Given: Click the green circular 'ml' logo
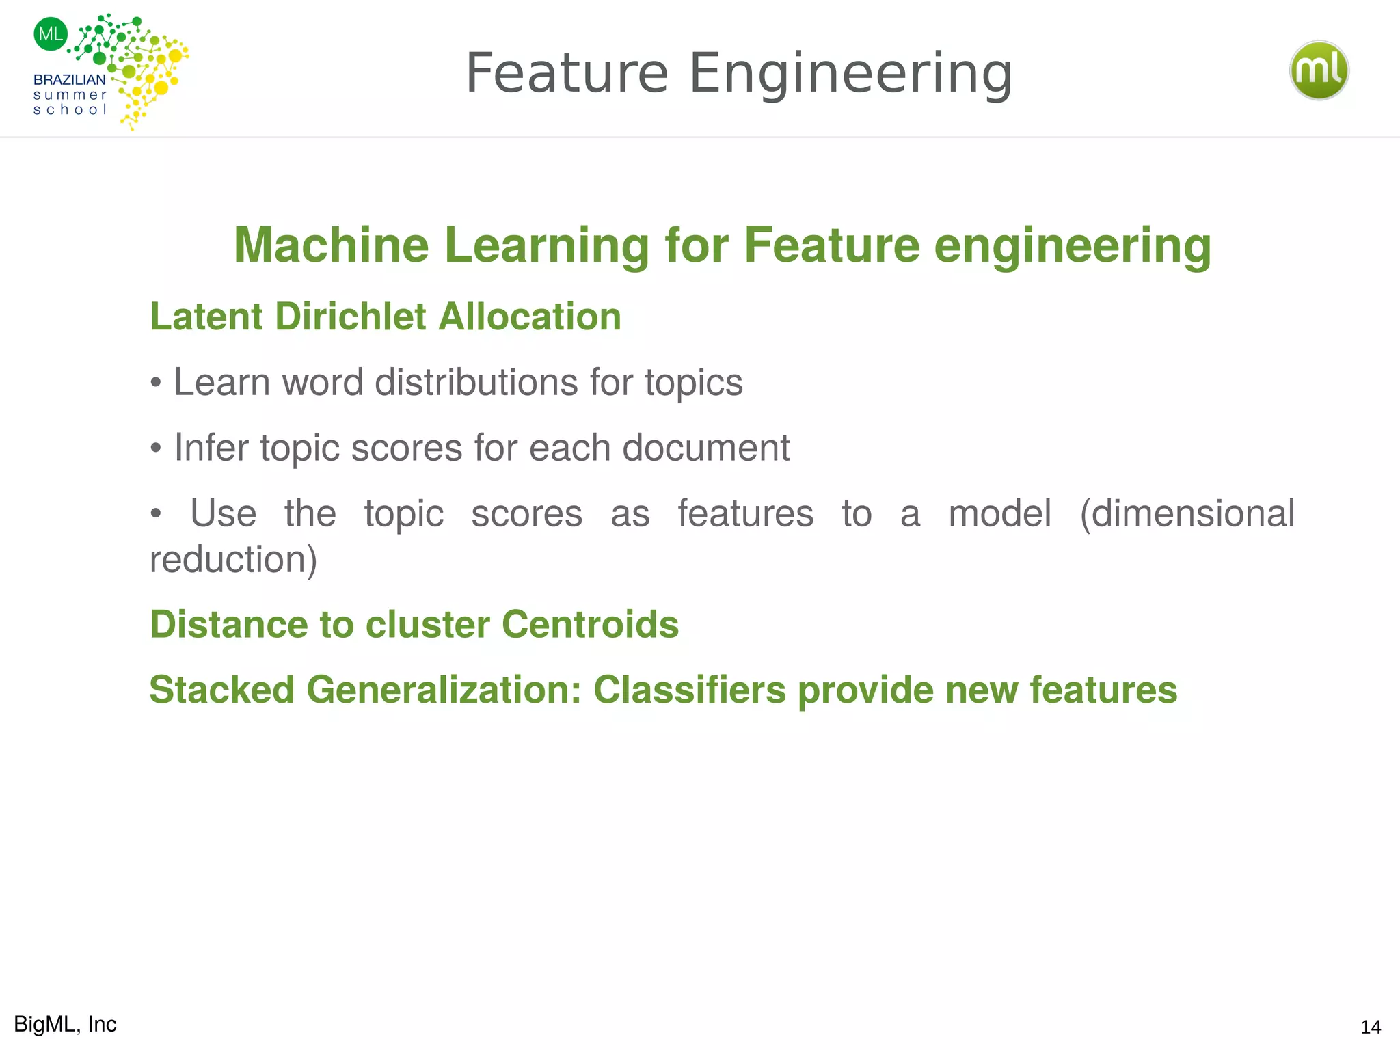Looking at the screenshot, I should [1319, 70].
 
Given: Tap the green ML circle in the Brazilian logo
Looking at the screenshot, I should [51, 34].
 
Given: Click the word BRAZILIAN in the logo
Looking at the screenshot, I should [69, 80].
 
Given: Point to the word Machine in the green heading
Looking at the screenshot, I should [332, 245].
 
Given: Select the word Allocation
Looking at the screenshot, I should [530, 317].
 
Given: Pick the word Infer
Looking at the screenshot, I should [211, 448].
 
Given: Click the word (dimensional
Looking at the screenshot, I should [1187, 513].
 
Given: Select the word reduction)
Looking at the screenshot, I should [233, 559].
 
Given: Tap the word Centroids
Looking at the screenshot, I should [590, 624].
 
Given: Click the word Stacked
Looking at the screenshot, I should [221, 690].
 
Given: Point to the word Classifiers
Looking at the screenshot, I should [689, 690].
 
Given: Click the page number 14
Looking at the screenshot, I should [1371, 1027].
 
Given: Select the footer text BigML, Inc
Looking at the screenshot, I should [65, 1024].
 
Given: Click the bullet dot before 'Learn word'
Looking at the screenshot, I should [157, 383].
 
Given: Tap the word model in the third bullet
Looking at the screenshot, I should [999, 513].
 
